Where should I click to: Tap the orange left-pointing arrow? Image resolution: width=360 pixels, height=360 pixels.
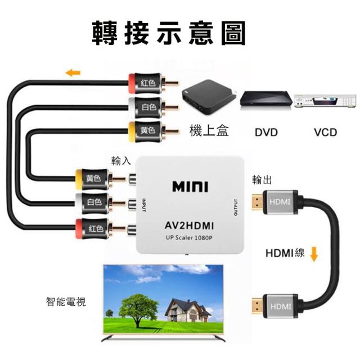(x=73, y=73)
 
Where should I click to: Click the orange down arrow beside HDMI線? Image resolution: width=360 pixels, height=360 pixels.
(x=314, y=254)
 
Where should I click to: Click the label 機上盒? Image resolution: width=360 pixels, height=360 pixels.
(x=209, y=131)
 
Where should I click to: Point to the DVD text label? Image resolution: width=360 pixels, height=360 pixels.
(x=266, y=133)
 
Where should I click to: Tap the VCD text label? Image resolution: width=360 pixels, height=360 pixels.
(x=325, y=133)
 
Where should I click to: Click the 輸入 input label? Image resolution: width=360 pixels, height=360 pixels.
(x=121, y=160)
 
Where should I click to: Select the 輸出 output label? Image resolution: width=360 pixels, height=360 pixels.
(x=262, y=180)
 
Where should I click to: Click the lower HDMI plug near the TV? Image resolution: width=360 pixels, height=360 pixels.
(x=276, y=306)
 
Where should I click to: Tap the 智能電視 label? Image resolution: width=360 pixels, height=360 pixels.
(x=66, y=301)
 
